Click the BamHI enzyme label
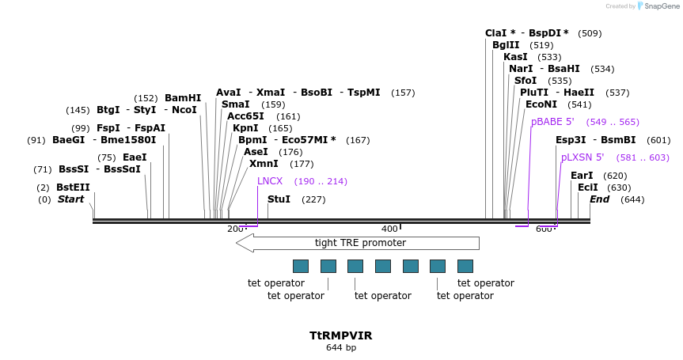coord(183,98)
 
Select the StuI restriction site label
coord(279,199)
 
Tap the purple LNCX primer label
coord(270,181)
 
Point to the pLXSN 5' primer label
coord(582,157)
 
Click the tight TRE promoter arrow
coord(358,243)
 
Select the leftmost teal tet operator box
coord(301,266)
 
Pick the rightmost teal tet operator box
coord(465,266)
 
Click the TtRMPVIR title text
coord(341,335)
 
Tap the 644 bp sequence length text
coord(341,347)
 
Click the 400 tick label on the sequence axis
coord(390,229)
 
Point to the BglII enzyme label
coord(506,45)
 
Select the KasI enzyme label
coord(515,57)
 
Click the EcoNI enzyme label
coord(541,104)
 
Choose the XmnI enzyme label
coord(264,164)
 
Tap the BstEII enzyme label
coord(73,188)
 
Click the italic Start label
coord(70,199)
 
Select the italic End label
coord(599,199)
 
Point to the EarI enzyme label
coord(582,176)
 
